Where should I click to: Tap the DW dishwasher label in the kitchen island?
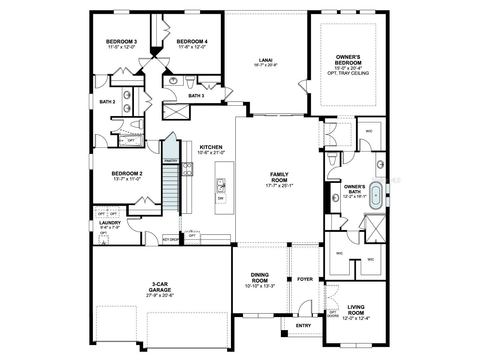click(x=221, y=198)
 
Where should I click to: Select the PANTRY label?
click(x=171, y=161)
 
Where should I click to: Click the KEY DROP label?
click(x=171, y=239)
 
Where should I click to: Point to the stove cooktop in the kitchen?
click(x=187, y=169)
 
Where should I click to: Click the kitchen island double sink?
click(x=221, y=185)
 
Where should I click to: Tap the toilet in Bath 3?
click(x=190, y=82)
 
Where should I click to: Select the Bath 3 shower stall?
click(x=176, y=112)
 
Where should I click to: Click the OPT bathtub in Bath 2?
click(x=131, y=140)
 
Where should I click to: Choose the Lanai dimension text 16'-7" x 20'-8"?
click(x=266, y=65)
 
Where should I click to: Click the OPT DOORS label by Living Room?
click(x=333, y=314)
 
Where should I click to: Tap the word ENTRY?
click(x=303, y=325)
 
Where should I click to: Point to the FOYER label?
click(x=305, y=279)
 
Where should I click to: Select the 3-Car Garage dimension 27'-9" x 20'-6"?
click(x=160, y=295)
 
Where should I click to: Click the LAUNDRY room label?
click(x=110, y=223)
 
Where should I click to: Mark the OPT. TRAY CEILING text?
click(x=348, y=73)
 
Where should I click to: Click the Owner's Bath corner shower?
click(x=375, y=229)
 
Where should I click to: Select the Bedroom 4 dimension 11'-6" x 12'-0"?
click(x=192, y=47)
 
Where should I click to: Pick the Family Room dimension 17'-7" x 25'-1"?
click(x=279, y=186)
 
